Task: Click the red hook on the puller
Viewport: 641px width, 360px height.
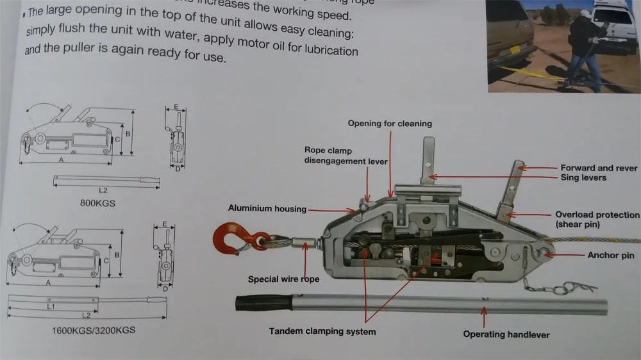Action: click(x=228, y=236)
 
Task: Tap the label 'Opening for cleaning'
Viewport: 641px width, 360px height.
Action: click(x=390, y=124)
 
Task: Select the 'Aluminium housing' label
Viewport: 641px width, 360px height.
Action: click(x=267, y=209)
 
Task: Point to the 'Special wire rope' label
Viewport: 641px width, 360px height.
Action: click(x=283, y=279)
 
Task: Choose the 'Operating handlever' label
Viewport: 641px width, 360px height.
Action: click(x=506, y=334)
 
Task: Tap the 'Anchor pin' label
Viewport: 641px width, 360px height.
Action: click(x=611, y=256)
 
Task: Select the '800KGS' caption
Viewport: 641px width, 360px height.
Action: click(x=92, y=204)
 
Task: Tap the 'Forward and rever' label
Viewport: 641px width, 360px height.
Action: click(x=599, y=168)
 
